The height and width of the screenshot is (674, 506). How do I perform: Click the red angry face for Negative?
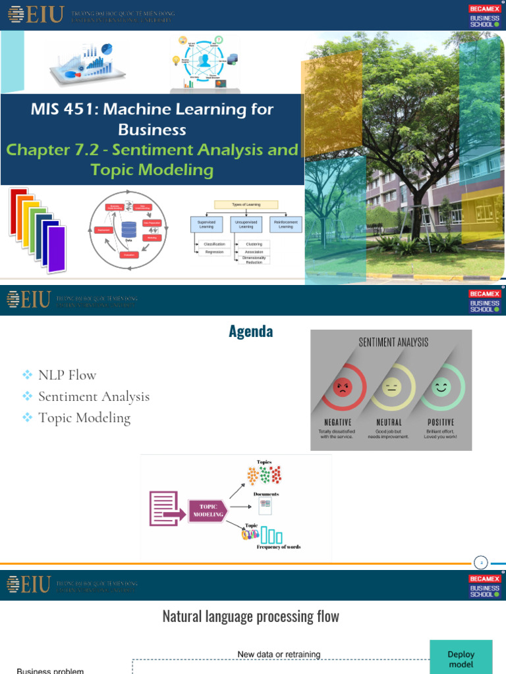tap(342, 387)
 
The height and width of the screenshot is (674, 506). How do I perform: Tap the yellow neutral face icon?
tap(391, 387)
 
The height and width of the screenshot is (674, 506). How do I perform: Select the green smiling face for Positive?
tap(441, 387)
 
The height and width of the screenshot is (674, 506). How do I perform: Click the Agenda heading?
tap(250, 332)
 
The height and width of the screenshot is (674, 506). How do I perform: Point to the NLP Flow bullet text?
tap(67, 375)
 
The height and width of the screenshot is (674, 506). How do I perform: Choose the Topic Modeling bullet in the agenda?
tap(84, 417)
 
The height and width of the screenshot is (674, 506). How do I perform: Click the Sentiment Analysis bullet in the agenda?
tap(94, 396)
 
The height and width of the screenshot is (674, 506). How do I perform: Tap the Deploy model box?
tap(461, 658)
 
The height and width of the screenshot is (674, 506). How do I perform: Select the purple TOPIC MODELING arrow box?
tap(208, 511)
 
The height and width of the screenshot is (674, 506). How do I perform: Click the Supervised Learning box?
tap(206, 224)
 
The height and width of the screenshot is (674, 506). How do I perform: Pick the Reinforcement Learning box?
tap(285, 224)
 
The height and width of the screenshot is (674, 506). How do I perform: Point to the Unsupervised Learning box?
tap(246, 224)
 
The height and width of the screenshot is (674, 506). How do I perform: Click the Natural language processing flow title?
tap(250, 617)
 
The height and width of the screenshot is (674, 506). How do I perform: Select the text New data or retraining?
tap(279, 654)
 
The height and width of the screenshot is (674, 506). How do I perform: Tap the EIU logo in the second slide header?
tap(28, 299)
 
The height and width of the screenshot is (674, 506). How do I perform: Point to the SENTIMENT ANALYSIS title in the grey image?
tap(393, 342)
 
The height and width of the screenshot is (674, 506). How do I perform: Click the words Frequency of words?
tap(278, 547)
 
